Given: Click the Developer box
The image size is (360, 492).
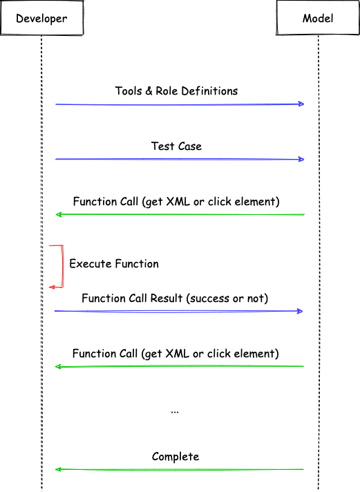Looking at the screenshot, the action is (41, 18).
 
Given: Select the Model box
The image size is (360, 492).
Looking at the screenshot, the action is (318, 18).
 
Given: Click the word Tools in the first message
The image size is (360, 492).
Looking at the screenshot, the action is (129, 91).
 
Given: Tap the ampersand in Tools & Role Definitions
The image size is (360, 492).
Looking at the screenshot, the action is (149, 91).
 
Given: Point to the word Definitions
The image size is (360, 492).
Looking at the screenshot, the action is (209, 91).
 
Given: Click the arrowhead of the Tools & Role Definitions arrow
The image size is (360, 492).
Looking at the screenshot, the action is (301, 104).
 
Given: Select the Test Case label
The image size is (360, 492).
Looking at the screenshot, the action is (176, 146).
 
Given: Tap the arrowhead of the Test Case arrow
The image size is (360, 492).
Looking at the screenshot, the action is (301, 159).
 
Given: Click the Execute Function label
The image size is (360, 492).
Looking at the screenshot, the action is (114, 263).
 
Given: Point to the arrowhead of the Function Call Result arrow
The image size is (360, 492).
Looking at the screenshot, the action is (299, 311).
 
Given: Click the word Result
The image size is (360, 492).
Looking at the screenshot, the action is (167, 298).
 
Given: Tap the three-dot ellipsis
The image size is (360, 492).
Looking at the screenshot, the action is (175, 412).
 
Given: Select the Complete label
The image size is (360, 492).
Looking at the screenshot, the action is (176, 457).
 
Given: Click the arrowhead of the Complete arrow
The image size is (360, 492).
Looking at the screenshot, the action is (58, 469).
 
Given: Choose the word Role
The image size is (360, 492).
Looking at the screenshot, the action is (167, 91).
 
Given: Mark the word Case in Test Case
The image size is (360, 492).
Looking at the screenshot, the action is (189, 146).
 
